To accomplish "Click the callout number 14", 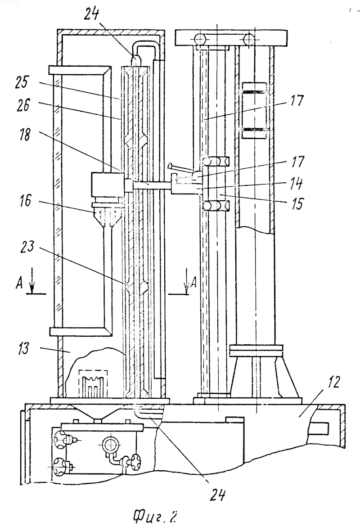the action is pos(296,184).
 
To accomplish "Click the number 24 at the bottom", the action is pos(217,495).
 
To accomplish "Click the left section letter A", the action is pos(20,284).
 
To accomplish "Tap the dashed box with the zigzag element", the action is pos(93,383).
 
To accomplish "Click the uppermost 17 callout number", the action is pos(297,101).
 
